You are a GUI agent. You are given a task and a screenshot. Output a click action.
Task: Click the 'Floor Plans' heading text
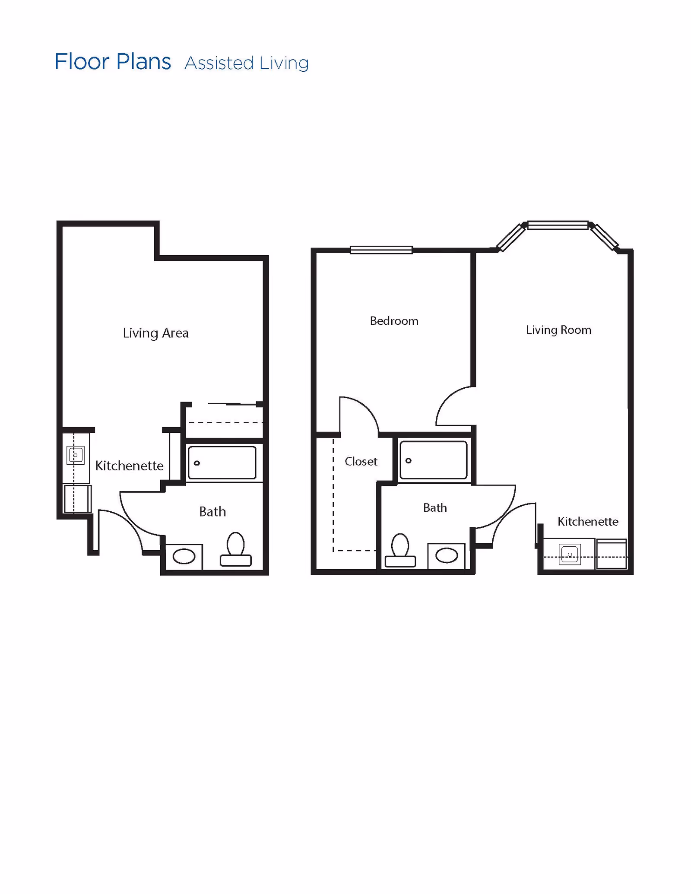click(x=113, y=62)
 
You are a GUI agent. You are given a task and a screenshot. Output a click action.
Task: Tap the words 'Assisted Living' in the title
click(x=246, y=63)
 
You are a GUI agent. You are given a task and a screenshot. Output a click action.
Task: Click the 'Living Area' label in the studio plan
click(x=155, y=333)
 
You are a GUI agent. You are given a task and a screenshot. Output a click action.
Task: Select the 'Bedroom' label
click(x=394, y=321)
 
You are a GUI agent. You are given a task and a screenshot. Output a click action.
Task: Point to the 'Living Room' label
click(x=558, y=330)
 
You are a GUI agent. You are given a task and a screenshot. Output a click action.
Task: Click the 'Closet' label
click(x=361, y=461)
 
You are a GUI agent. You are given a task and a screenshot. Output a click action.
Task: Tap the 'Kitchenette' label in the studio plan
click(x=129, y=466)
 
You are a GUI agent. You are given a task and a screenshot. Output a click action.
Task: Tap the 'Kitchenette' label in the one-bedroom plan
click(x=588, y=521)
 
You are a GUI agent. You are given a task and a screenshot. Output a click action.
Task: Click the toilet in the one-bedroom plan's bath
click(x=400, y=551)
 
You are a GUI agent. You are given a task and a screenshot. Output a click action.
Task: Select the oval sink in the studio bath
click(x=184, y=556)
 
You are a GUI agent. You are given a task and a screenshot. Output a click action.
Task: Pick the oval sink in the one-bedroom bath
click(x=446, y=555)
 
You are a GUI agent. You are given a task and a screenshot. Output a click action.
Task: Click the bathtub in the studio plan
click(x=222, y=463)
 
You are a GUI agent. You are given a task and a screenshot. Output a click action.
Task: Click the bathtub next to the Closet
click(x=433, y=460)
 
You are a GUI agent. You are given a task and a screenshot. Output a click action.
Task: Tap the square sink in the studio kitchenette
click(x=76, y=455)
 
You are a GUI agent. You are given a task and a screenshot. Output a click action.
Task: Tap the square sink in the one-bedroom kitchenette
click(x=570, y=555)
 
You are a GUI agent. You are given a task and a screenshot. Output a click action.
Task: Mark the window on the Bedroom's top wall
click(x=381, y=250)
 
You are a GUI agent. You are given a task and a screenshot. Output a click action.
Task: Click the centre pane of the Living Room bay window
click(x=558, y=225)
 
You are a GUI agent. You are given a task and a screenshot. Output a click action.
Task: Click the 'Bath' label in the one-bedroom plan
click(x=435, y=507)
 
